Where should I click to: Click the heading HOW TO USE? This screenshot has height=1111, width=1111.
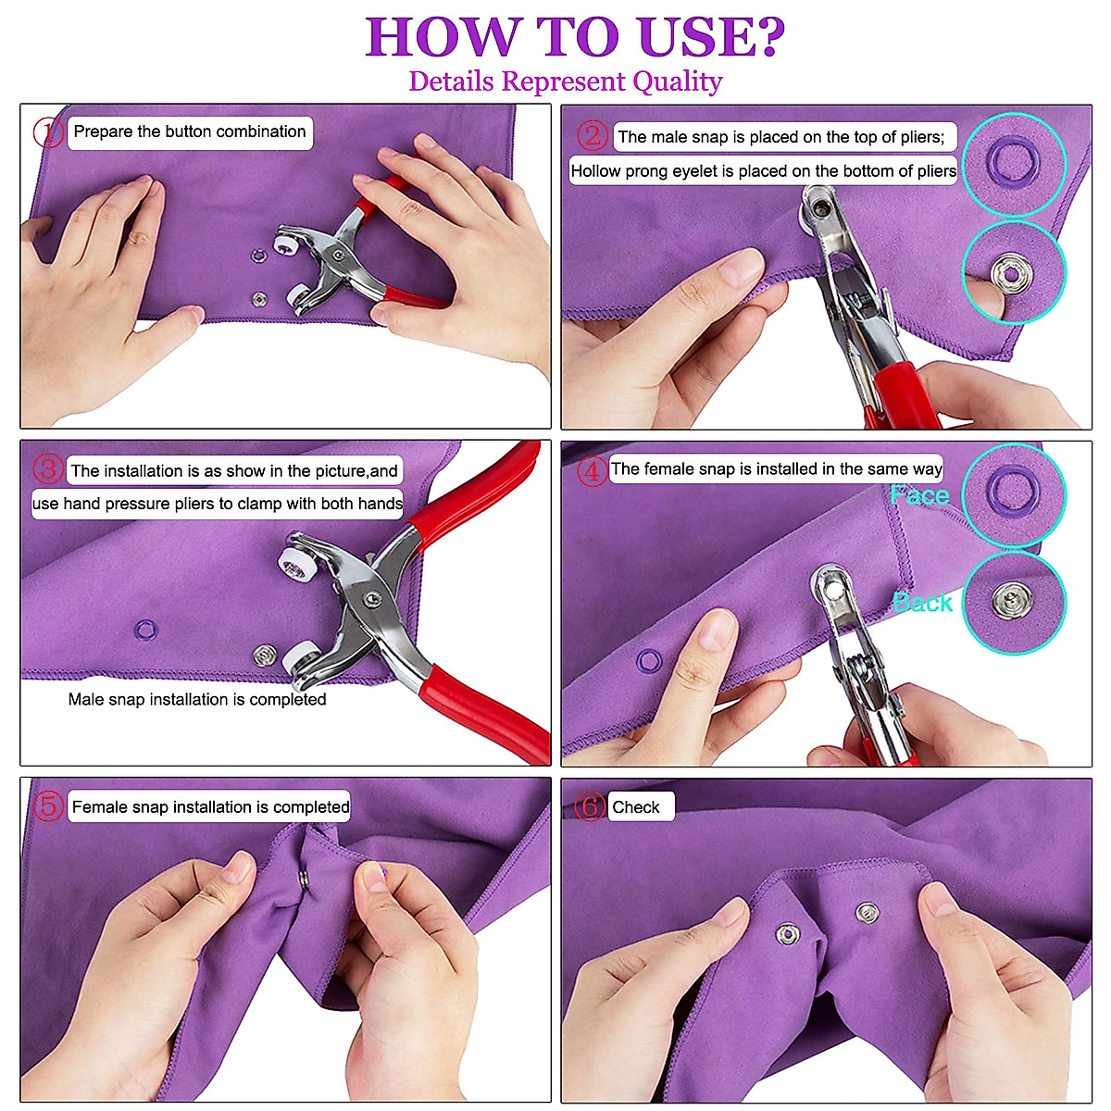(575, 37)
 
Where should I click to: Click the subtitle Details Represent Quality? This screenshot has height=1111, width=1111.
(565, 81)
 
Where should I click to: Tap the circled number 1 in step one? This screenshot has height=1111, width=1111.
(48, 132)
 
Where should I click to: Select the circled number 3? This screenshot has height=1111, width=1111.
(48, 469)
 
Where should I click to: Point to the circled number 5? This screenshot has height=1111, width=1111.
(48, 806)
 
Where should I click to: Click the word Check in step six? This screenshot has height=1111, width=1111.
(636, 807)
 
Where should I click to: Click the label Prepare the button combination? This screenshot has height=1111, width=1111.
(190, 131)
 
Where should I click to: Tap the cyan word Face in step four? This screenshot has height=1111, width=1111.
(919, 495)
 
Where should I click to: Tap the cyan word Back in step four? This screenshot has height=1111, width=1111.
(923, 603)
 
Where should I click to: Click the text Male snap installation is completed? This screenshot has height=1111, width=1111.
(197, 700)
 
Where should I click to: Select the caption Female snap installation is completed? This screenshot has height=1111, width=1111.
(211, 807)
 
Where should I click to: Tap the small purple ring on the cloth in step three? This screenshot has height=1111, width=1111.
(144, 630)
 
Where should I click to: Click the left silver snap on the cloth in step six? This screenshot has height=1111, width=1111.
(787, 932)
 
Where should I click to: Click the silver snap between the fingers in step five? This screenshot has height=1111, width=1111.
(304, 877)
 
